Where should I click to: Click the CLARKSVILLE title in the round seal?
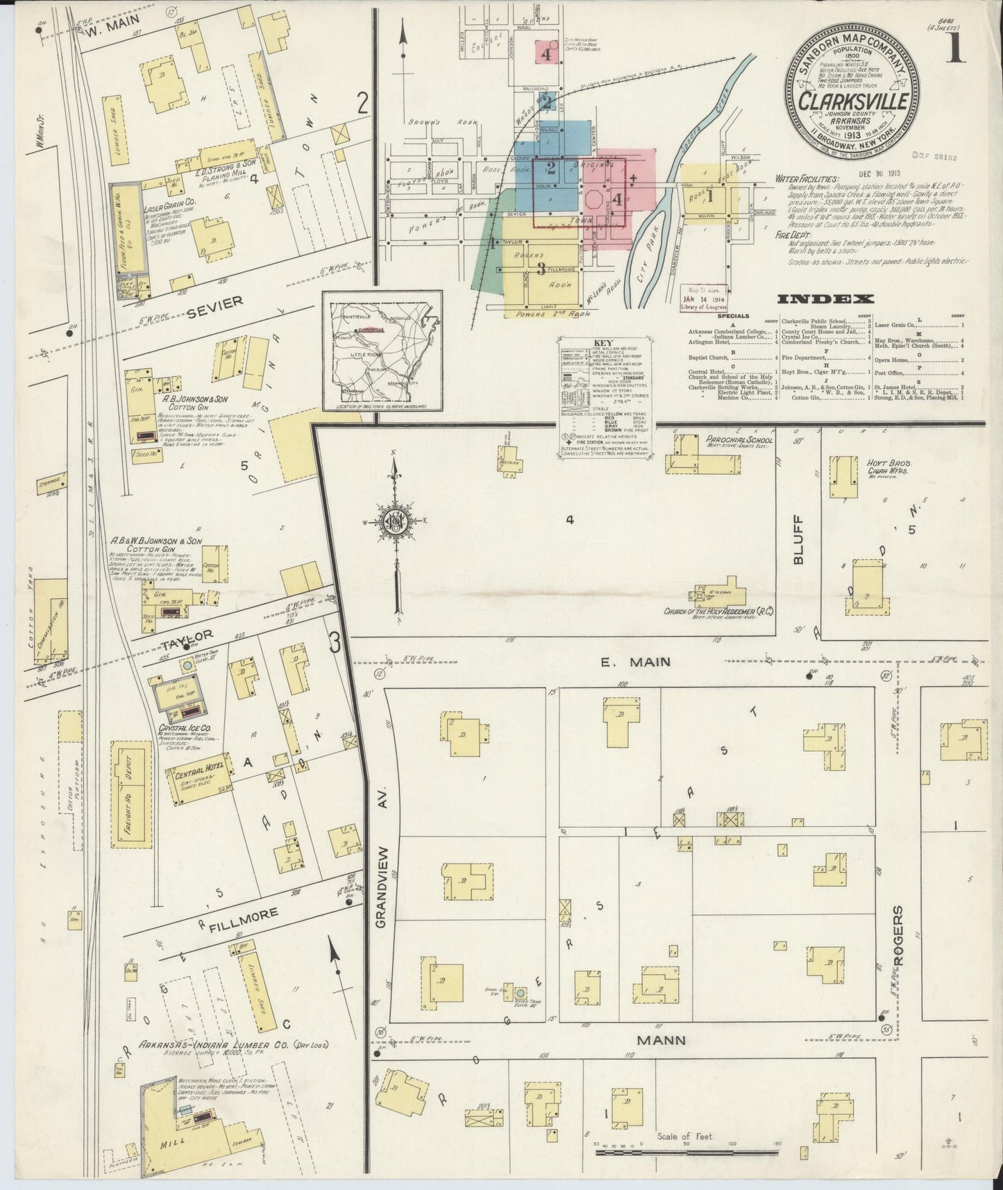pos(853,101)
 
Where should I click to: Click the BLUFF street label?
pos(798,548)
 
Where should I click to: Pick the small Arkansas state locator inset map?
pos(382,353)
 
